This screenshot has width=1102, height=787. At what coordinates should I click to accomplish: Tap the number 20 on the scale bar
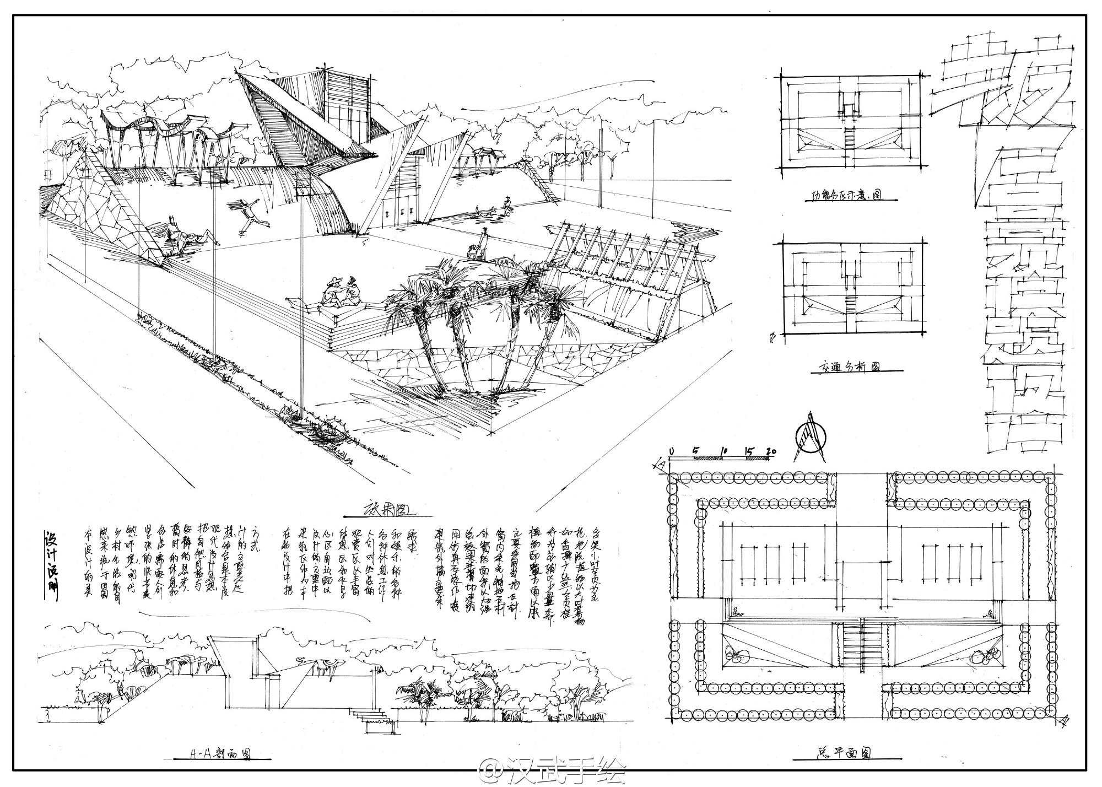pyautogui.click(x=771, y=452)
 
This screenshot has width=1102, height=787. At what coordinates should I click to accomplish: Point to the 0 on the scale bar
pyautogui.click(x=671, y=452)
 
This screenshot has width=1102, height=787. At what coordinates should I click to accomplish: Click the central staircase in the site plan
pyautogui.click(x=861, y=643)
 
